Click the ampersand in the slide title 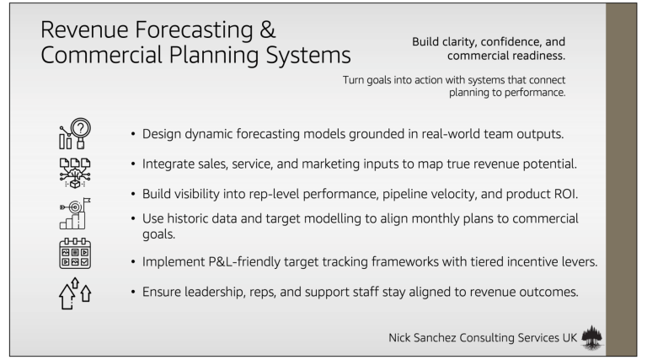[268, 30]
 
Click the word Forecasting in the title [194, 31]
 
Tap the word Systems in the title [308, 56]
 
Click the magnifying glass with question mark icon [75, 133]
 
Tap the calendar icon [75, 253]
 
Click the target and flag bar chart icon [75, 213]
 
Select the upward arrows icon [75, 293]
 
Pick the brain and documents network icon [75, 173]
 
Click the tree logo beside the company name [591, 338]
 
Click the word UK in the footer [569, 338]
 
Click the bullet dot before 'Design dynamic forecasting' [133, 134]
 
